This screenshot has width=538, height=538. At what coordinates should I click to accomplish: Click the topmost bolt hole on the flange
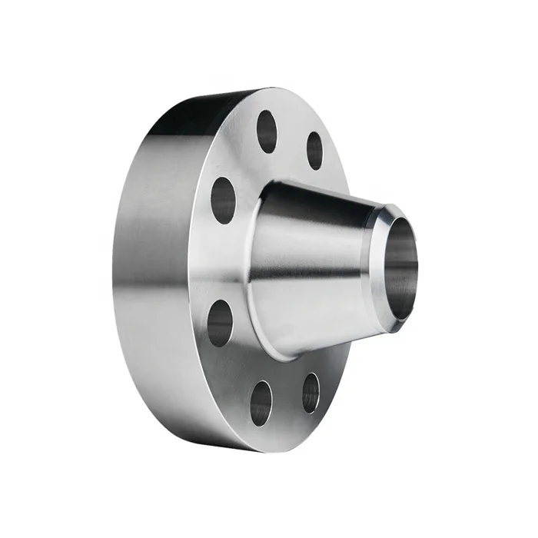click(x=267, y=131)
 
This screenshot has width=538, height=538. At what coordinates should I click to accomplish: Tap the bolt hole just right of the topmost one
click(x=314, y=151)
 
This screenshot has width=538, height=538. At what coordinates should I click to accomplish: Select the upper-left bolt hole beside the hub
click(x=223, y=199)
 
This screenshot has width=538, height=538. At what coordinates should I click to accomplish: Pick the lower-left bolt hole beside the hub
click(x=220, y=322)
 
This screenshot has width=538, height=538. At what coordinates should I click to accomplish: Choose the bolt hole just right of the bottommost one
click(x=311, y=392)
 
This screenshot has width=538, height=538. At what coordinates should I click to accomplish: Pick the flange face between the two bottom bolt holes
click(x=286, y=400)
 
